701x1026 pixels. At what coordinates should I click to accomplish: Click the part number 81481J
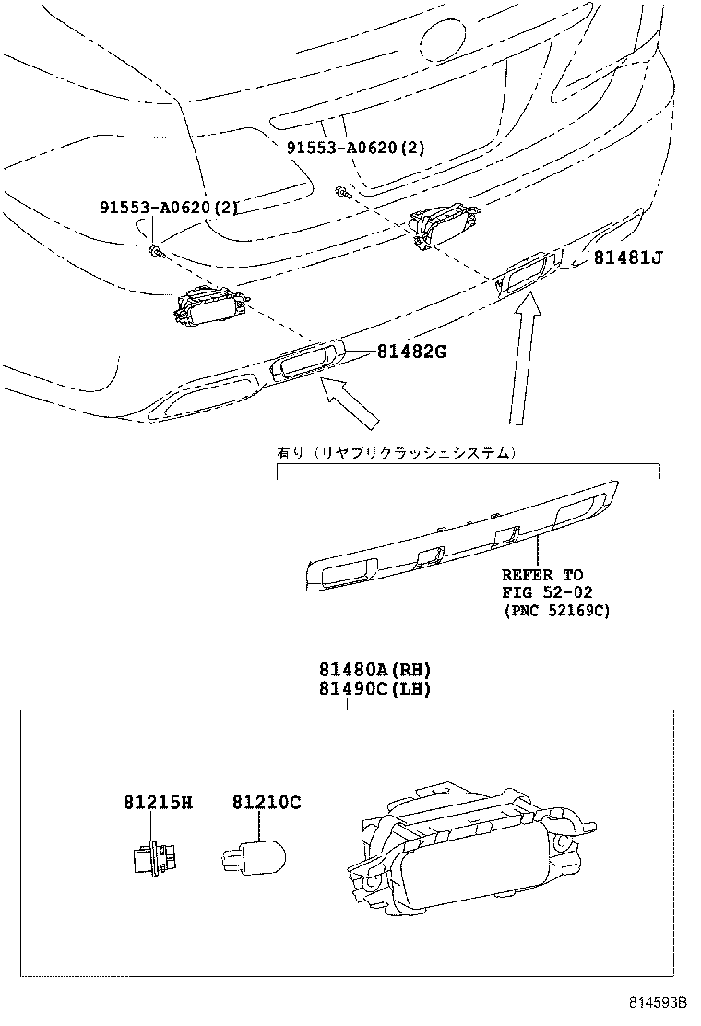pos(627,258)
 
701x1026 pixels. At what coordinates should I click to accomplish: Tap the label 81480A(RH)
pos(362,671)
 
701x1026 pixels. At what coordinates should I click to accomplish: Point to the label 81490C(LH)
pos(362,689)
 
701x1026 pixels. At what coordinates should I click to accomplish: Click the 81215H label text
pos(158,803)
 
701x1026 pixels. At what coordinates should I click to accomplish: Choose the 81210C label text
pos(266,803)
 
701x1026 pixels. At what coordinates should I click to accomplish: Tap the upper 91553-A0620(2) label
pos(355,148)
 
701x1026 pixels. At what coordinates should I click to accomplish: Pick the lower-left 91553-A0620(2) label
pos(169,208)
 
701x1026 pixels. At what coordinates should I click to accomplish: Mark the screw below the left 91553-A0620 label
pos(156,249)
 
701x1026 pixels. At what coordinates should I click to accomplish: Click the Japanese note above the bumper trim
pos(397,453)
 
